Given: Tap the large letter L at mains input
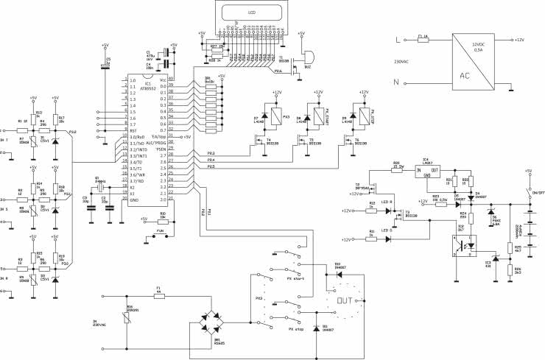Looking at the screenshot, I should click(x=398, y=40).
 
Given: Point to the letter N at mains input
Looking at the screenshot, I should click(x=398, y=83).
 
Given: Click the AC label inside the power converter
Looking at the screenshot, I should click(x=465, y=74).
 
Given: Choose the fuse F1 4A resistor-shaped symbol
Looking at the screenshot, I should click(x=158, y=295).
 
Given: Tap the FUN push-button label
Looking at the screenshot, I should click(x=160, y=230).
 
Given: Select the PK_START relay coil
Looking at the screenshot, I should click(x=317, y=113).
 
